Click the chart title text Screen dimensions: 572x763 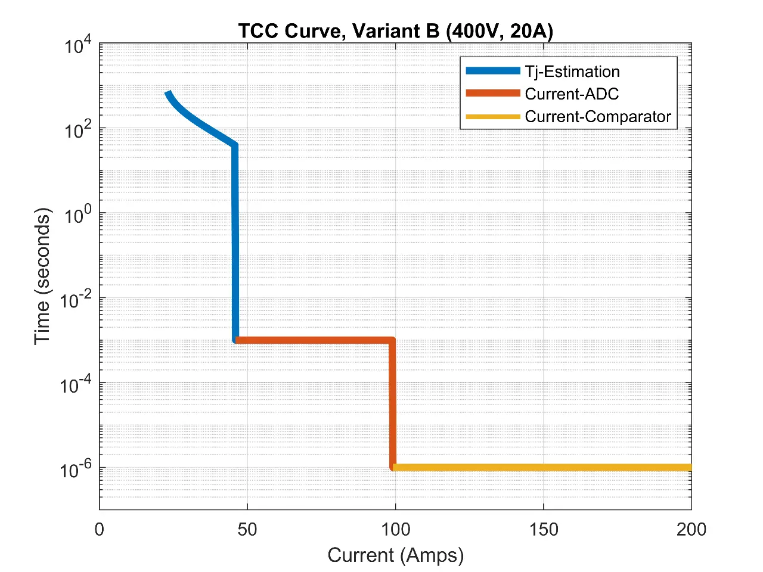(x=395, y=30)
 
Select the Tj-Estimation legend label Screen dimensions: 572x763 (x=572, y=71)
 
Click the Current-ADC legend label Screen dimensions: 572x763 (x=572, y=94)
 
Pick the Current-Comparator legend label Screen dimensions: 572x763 (x=598, y=117)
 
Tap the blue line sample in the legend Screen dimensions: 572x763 (x=493, y=71)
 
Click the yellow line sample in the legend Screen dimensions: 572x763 (x=493, y=117)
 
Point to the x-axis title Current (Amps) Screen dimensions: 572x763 (x=395, y=555)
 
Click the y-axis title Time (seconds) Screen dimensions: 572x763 (x=42, y=276)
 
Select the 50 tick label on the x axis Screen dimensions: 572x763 (x=247, y=529)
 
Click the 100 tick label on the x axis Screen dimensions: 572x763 (x=395, y=529)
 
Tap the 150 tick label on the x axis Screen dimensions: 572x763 (x=544, y=529)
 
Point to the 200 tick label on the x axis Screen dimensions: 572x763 (x=691, y=529)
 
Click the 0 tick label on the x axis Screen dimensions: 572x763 (x=100, y=529)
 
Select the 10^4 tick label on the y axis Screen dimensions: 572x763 (x=78, y=45)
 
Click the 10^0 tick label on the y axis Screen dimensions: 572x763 (x=78, y=215)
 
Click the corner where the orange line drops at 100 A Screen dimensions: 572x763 (x=392, y=341)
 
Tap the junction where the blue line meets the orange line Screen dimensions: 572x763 (x=236, y=340)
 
